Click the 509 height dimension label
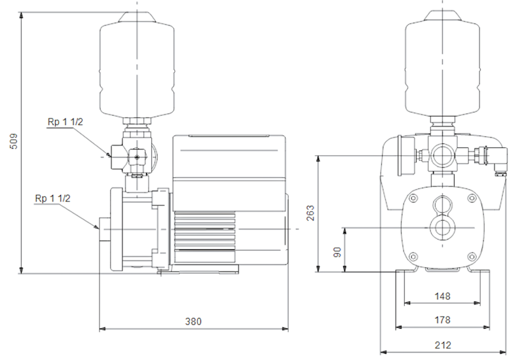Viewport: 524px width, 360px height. click(14, 141)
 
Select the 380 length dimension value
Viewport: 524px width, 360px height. click(193, 321)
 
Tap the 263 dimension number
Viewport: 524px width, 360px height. click(310, 213)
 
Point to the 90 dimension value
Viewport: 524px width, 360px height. click(337, 252)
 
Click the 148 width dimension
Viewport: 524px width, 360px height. click(442, 296)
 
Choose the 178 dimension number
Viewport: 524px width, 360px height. click(442, 320)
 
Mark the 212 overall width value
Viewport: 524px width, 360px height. click(443, 345)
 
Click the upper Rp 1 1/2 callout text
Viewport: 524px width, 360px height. click(65, 122)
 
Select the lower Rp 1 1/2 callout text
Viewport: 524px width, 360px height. click(52, 198)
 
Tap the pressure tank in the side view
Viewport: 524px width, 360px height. click(137, 65)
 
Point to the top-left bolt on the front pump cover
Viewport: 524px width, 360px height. click(413, 198)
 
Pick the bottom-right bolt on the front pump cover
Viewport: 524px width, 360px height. click(472, 257)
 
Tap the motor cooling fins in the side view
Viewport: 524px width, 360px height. click(204, 237)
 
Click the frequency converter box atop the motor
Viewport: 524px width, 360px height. click(229, 173)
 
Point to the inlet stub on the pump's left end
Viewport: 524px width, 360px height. click(104, 229)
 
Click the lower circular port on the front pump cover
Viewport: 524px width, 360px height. click(443, 228)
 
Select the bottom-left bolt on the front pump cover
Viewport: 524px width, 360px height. click(413, 257)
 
